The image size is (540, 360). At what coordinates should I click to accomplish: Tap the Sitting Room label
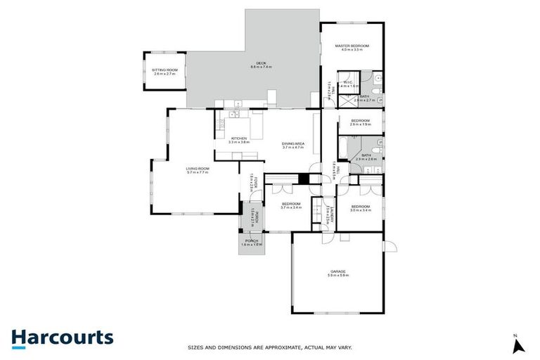click(x=165, y=70)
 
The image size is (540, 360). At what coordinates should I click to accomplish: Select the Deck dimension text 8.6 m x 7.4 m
click(x=261, y=67)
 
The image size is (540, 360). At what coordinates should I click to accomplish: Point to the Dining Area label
click(x=292, y=144)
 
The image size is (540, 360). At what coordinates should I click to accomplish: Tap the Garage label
click(x=337, y=271)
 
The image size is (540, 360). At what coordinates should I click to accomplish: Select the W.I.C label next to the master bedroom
click(x=347, y=82)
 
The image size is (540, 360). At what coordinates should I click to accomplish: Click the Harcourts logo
click(x=62, y=337)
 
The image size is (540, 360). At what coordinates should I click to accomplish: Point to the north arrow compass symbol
click(x=518, y=345)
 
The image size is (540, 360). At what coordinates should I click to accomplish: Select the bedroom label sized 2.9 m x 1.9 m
click(x=361, y=121)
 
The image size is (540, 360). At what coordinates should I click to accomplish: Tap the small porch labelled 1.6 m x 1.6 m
click(x=251, y=243)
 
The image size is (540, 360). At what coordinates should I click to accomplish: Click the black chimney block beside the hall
click(x=303, y=179)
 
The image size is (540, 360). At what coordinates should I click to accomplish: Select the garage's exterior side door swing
click(x=389, y=246)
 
